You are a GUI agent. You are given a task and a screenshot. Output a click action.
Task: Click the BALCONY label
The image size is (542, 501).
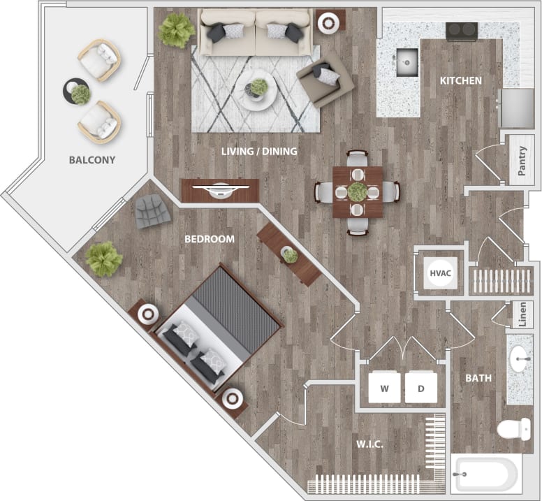91,160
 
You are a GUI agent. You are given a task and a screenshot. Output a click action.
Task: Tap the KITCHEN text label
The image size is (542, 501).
460,81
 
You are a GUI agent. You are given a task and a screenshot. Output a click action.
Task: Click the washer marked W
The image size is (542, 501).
384,387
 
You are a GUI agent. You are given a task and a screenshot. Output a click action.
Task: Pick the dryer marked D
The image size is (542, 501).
421,387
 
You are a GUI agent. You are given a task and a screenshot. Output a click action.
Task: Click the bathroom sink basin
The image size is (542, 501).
520,361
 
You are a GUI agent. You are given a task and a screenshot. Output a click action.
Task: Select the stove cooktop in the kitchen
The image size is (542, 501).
462,30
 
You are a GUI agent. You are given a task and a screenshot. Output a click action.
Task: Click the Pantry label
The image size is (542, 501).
522,161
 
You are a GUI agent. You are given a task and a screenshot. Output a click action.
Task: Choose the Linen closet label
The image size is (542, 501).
522,314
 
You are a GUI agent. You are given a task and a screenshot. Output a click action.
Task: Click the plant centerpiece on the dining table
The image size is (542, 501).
358,191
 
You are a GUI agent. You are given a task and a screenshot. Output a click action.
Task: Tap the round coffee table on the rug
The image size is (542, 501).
255,91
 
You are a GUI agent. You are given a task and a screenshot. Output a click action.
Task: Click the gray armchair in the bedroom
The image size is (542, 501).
152,211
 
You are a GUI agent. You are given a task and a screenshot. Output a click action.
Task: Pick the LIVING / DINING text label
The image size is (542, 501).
260,151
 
